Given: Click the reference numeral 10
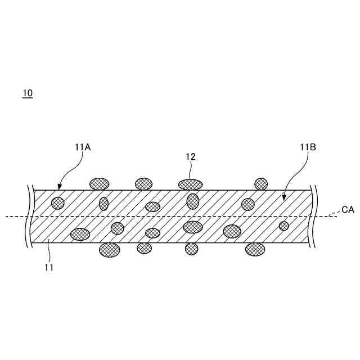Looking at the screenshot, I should click(28, 93).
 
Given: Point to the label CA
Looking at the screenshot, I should click(348, 210).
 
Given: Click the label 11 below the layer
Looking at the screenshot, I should click(49, 267).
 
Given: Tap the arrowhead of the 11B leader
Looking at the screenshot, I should click(283, 199).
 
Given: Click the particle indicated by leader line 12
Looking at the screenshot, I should click(190, 184).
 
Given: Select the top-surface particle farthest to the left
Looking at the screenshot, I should click(100, 184).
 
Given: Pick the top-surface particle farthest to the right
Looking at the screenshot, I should click(261, 184).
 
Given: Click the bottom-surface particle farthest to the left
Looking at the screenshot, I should click(110, 249).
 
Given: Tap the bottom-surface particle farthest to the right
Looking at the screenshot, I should click(255, 249).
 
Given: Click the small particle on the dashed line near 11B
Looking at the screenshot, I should click(284, 226).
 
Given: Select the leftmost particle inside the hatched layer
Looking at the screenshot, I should click(58, 203).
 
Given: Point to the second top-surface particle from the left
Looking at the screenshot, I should click(143, 184).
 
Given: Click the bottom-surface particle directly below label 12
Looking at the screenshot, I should click(192, 249).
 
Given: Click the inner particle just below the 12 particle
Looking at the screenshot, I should click(193, 201).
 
